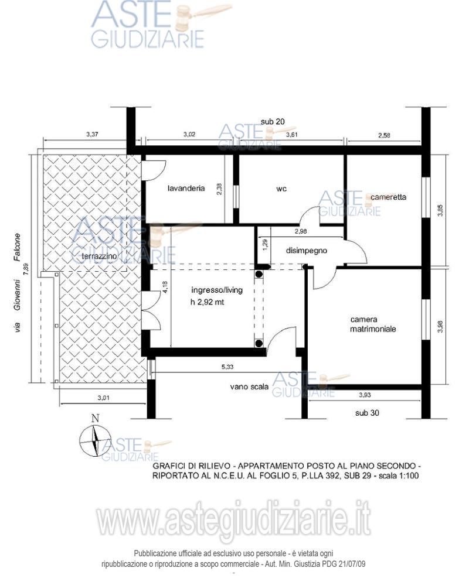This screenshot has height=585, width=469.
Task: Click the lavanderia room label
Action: pos(186,188)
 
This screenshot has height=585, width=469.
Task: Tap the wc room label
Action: pos(281,189)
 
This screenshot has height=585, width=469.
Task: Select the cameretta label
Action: pos(388,197)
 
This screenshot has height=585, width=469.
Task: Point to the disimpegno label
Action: pos(307,251)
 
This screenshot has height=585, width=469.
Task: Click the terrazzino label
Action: pos(99,256)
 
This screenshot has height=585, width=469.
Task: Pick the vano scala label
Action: pos(249,387)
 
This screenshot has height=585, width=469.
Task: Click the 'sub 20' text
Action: pos(273,122)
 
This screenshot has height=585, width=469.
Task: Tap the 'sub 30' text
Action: pos(367,413)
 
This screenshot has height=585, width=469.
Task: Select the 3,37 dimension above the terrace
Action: pos(92,134)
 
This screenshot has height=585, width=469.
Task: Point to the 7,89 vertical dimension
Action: pos(26,269)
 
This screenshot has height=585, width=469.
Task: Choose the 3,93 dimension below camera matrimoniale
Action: pos(365,395)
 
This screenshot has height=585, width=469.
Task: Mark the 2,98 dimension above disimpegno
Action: pos(301,231)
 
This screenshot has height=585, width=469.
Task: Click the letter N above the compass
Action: pos(96,418)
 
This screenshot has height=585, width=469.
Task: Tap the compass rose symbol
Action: pos(96,441)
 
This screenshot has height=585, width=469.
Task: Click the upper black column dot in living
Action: pos(259,275)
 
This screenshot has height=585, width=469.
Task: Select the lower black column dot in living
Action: pos(259,343)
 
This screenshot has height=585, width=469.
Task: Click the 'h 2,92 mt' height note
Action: pos(208,302)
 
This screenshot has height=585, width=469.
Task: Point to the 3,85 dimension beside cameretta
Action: pos(441,210)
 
